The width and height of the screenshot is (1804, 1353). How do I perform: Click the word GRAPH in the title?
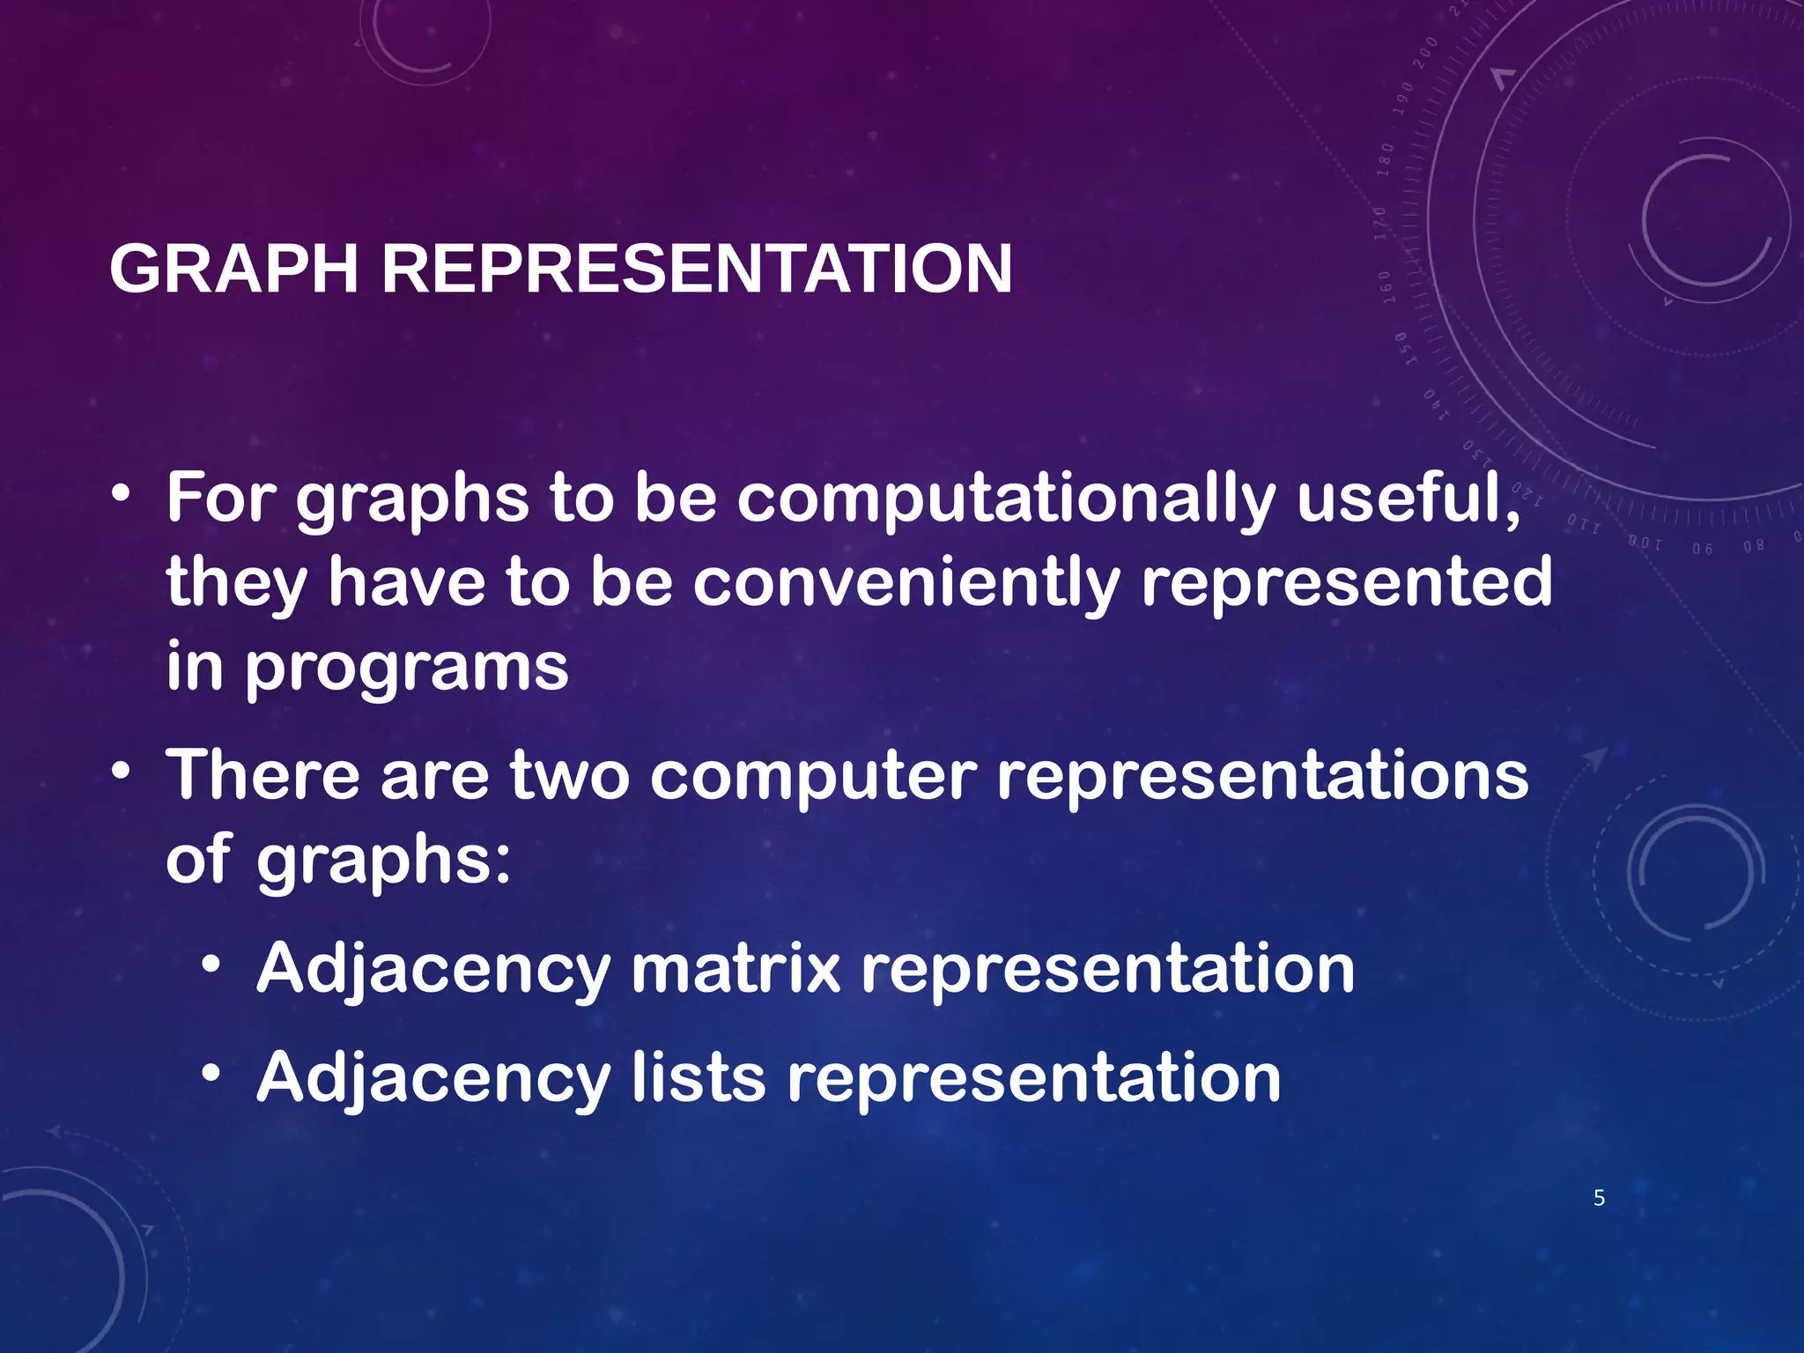[x=233, y=269]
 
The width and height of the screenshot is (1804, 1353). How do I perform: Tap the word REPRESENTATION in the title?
[x=696, y=269]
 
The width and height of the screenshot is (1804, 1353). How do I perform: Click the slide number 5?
[x=1599, y=1198]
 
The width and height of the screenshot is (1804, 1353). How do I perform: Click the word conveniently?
[x=906, y=583]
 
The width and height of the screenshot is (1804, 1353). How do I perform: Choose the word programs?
[x=406, y=668]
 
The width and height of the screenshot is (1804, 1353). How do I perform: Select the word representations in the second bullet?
[x=1262, y=775]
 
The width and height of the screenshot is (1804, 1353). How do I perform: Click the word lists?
[x=699, y=1078]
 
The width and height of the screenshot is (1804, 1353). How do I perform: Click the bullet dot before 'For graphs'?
[x=122, y=494]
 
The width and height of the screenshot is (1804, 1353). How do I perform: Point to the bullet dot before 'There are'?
[x=122, y=772]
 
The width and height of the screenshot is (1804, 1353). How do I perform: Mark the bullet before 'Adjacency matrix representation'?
[x=211, y=965]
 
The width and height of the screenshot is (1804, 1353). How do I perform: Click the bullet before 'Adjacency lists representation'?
[x=211, y=1075]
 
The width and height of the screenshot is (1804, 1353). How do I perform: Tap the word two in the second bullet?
[x=570, y=775]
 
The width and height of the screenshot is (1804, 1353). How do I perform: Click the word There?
[x=262, y=775]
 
